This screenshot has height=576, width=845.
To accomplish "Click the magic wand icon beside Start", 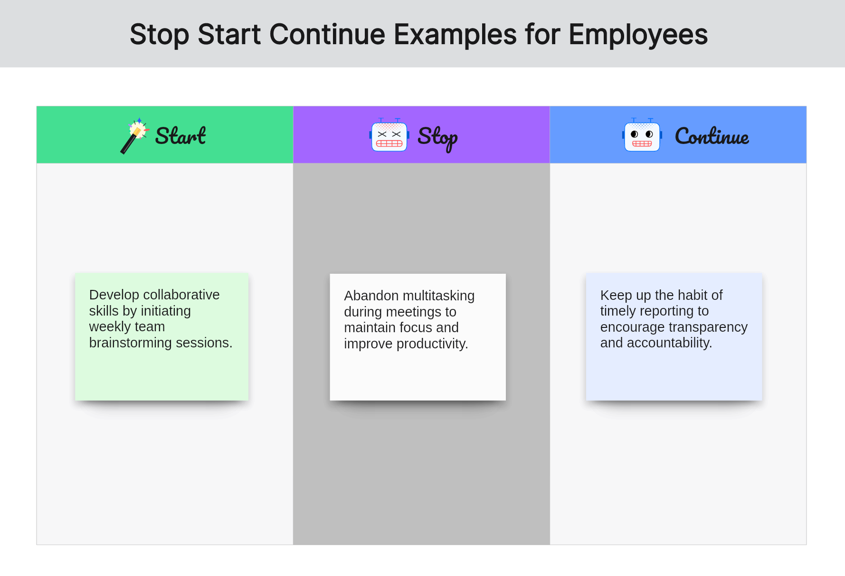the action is (x=134, y=136).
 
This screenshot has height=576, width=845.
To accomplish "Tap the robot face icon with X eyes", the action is (x=389, y=135).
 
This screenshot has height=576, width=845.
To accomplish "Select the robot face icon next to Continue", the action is (x=642, y=135).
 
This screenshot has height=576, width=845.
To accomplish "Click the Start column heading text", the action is (x=180, y=136).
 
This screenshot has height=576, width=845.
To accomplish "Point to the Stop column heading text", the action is (x=437, y=138).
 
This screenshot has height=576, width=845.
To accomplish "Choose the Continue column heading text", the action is (x=712, y=136).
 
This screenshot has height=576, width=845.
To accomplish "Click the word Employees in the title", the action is (x=638, y=35).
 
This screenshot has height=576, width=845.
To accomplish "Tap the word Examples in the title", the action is (x=455, y=35).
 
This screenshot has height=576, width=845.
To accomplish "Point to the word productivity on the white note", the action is (x=432, y=344).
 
